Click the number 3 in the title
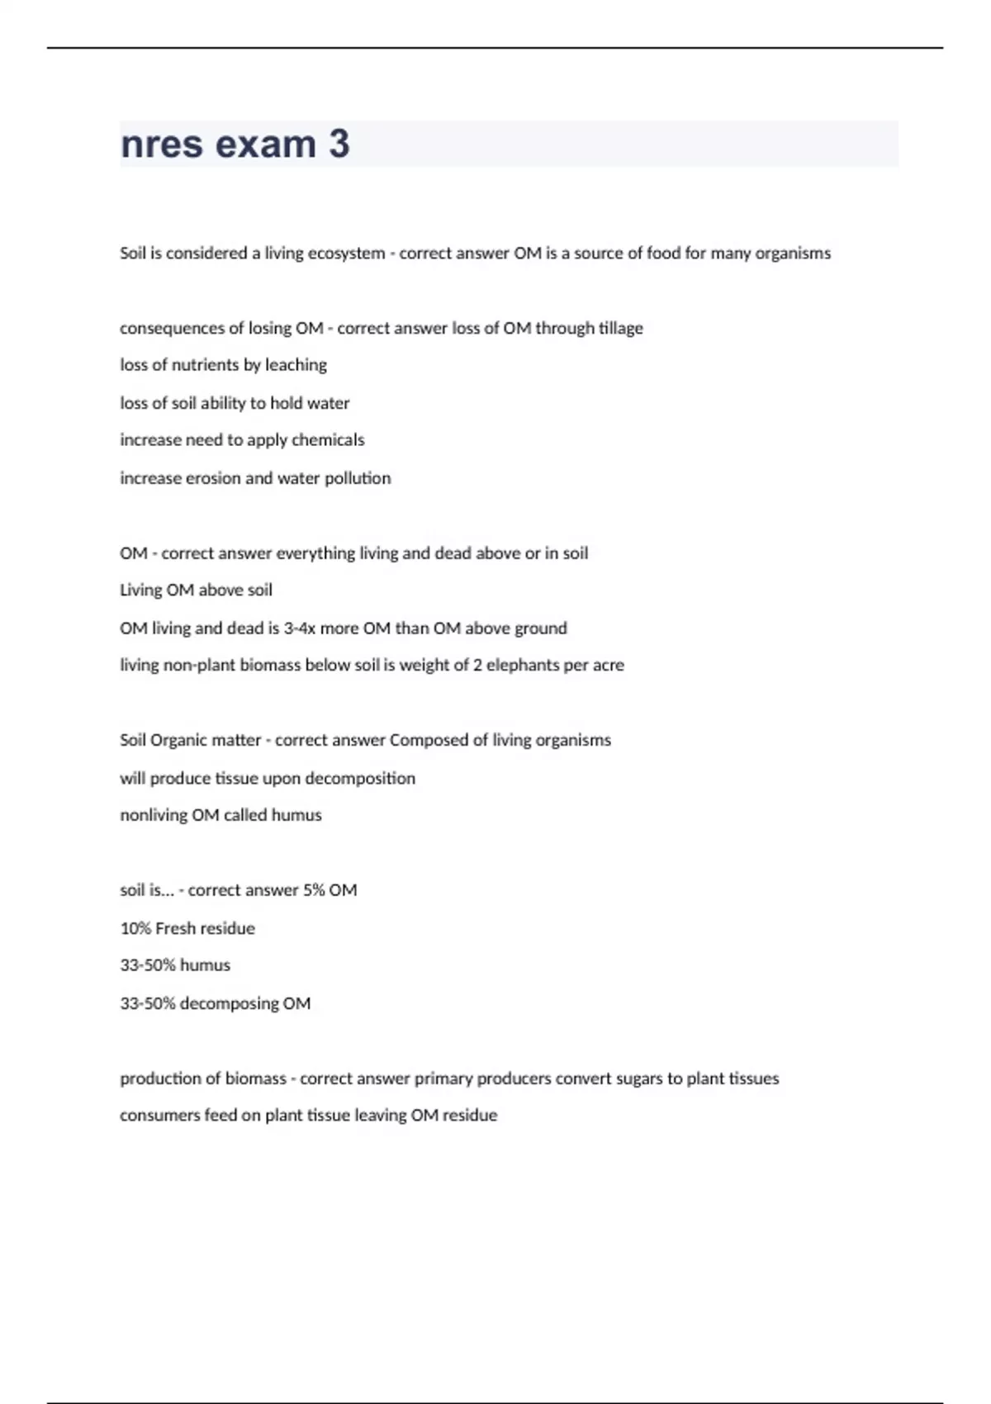(x=339, y=145)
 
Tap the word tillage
(x=620, y=329)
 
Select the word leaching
(x=296, y=365)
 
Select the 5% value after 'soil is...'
(x=314, y=890)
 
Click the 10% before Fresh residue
(x=135, y=928)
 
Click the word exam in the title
(x=264, y=145)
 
